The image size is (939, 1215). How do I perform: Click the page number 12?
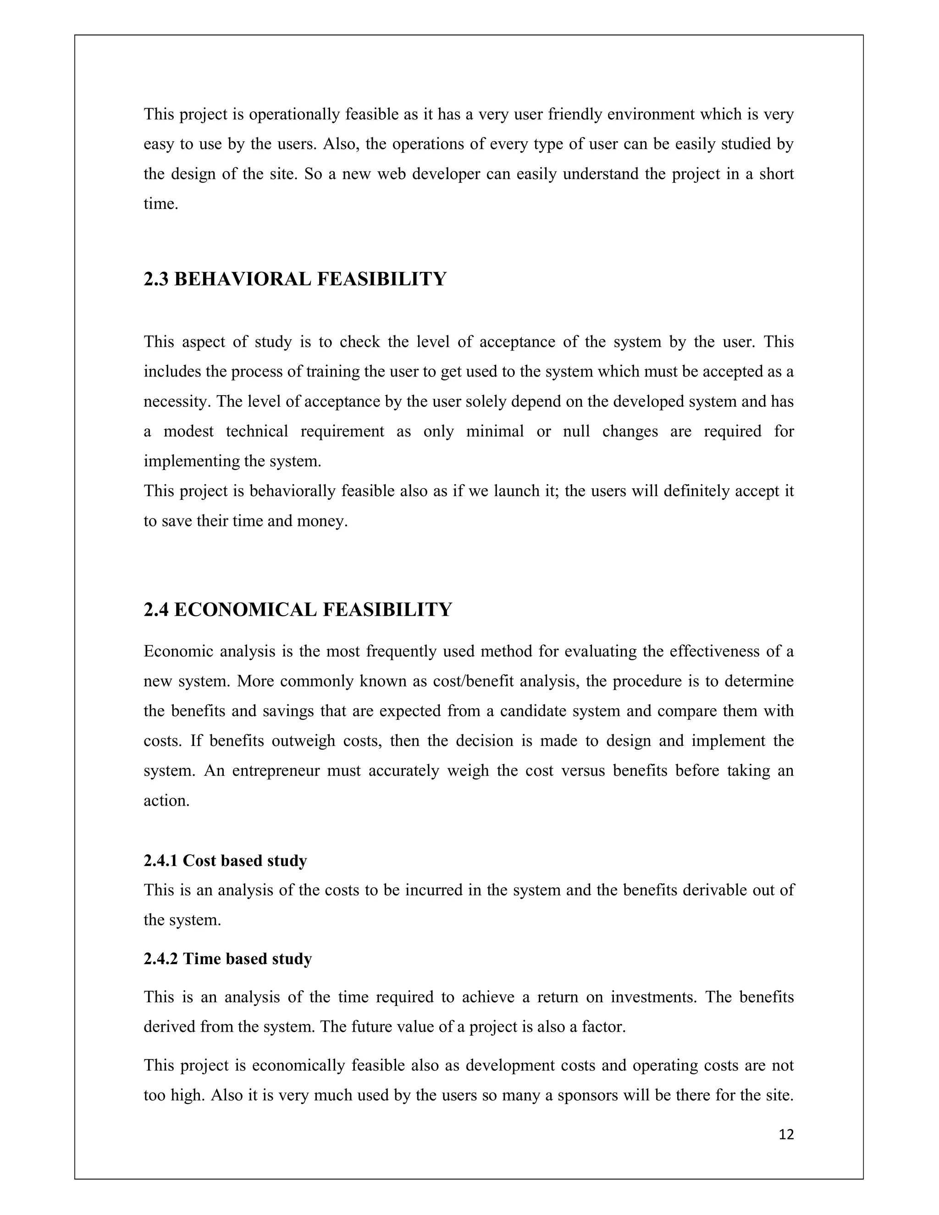[x=786, y=1134]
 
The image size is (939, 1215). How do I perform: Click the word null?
[x=576, y=432]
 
